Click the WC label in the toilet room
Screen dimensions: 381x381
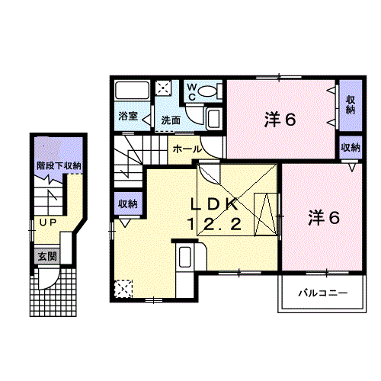(x=192, y=92)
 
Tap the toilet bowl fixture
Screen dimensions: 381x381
(x=207, y=91)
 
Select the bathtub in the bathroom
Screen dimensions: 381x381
(x=132, y=91)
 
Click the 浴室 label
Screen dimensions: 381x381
(x=128, y=116)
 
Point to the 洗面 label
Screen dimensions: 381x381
(x=171, y=120)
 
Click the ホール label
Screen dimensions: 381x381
(x=187, y=149)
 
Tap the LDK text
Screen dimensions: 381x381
(x=214, y=204)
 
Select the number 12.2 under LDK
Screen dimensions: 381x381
(x=214, y=224)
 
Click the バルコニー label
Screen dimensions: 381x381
(x=323, y=293)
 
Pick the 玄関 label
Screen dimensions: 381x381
(x=47, y=256)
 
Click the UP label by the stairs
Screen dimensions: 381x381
(x=48, y=223)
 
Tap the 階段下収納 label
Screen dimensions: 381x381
(x=59, y=165)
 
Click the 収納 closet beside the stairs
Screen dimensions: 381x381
(x=128, y=203)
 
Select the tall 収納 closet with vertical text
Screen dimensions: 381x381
(x=351, y=105)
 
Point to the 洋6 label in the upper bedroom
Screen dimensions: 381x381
(x=280, y=120)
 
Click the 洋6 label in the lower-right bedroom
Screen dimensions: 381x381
(x=324, y=218)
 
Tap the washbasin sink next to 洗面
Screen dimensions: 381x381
(x=214, y=119)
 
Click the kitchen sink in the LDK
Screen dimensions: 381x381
(x=184, y=257)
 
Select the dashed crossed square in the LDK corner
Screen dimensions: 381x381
(x=123, y=289)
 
